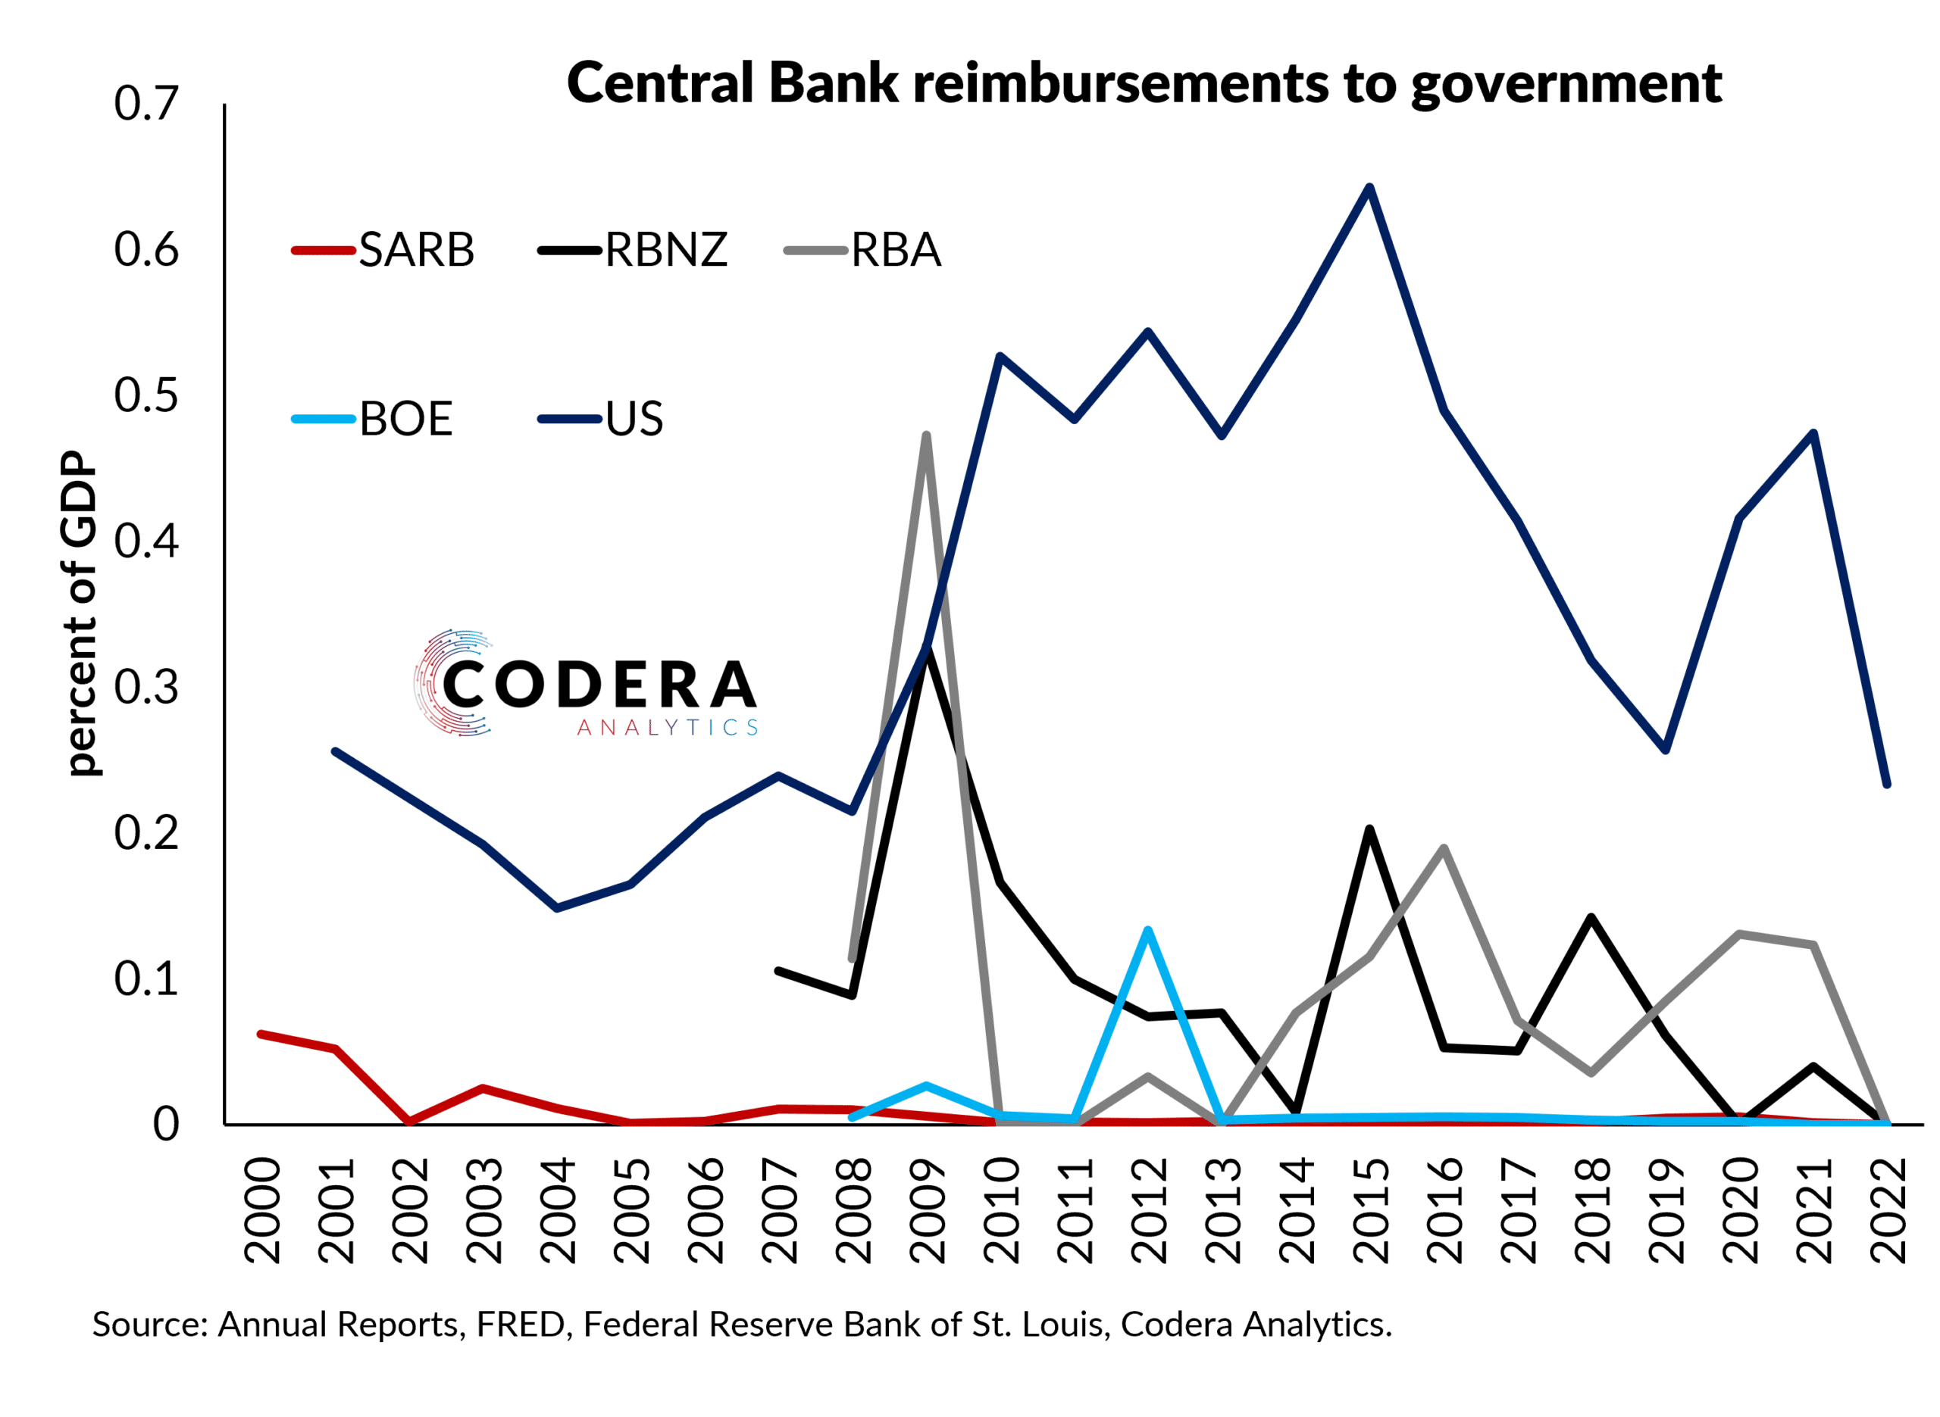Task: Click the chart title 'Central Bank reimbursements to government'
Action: click(1143, 83)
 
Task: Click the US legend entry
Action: click(602, 420)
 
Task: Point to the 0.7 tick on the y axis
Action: click(145, 104)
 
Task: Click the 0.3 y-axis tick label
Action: click(145, 687)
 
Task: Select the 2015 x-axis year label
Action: click(1369, 1209)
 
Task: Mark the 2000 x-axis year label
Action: click(261, 1209)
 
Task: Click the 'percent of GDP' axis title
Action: click(80, 614)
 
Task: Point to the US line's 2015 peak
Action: click(1369, 187)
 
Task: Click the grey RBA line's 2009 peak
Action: click(926, 435)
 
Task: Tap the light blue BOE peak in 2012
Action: click(1147, 930)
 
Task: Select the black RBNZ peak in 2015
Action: click(1369, 829)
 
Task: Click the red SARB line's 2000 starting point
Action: click(261, 1034)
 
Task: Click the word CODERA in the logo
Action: click(599, 685)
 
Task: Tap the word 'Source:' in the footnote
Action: click(150, 1325)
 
